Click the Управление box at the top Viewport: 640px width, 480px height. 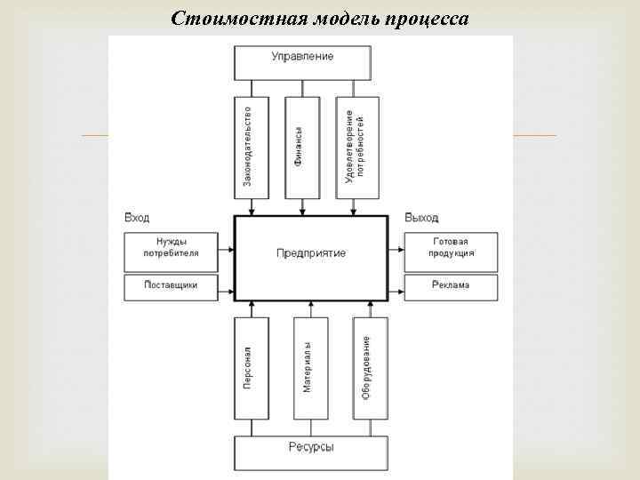coord(302,58)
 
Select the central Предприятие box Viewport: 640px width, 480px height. coord(311,253)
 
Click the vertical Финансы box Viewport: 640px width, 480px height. coord(302,146)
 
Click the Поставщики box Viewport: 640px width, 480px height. coord(172,286)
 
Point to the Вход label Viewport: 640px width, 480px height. coord(137,218)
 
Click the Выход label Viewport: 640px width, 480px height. coord(421,218)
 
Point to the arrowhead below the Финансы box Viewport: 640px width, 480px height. coord(303,212)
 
